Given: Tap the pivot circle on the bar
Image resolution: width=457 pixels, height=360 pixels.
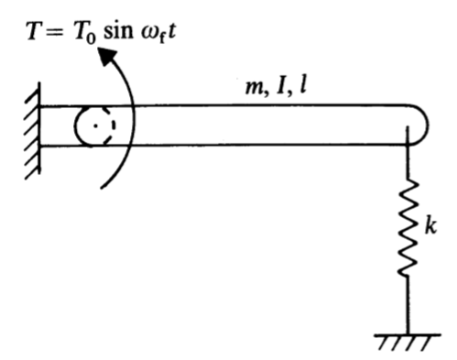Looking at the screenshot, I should click(x=95, y=125).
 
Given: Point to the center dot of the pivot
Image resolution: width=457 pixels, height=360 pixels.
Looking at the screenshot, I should click(x=95, y=126).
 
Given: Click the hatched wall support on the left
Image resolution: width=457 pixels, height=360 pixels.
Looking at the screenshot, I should click(x=29, y=127).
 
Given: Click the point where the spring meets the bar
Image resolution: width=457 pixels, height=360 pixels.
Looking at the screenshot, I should click(x=407, y=145).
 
